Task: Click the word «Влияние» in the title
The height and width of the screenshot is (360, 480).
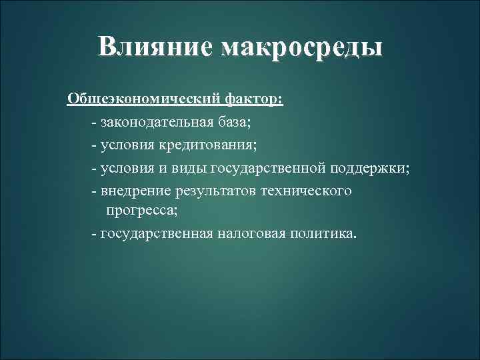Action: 154,47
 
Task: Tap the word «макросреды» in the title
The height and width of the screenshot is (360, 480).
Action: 303,47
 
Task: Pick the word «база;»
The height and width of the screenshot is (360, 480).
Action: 233,123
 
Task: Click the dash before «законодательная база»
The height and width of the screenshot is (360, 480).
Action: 95,123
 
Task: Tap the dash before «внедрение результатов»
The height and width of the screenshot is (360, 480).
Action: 95,191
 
